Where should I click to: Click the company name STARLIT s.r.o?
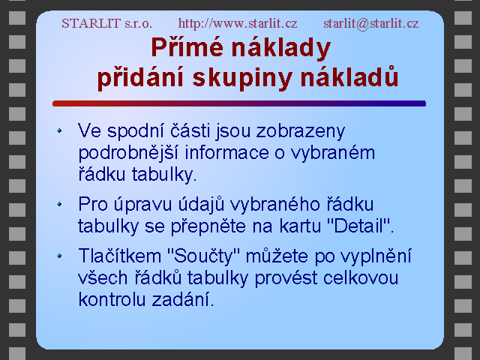tap(106, 23)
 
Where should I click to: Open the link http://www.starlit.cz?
tap(238, 23)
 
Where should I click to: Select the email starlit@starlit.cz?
tap(371, 23)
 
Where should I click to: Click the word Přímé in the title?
tap(187, 47)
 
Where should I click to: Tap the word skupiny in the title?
tap(241, 78)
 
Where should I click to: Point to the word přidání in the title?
tap(140, 77)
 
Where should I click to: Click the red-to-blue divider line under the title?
tap(239, 103)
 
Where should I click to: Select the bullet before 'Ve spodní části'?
tap(59, 130)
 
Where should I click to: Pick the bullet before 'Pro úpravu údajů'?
tap(59, 204)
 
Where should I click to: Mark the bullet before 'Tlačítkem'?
tap(59, 256)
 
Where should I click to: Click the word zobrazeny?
tap(301, 132)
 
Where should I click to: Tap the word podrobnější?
tap(128, 153)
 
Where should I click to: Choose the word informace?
tap(226, 153)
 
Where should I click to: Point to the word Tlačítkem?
tap(120, 256)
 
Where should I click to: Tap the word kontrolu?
tap(112, 299)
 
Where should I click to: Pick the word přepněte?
tap(208, 226)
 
